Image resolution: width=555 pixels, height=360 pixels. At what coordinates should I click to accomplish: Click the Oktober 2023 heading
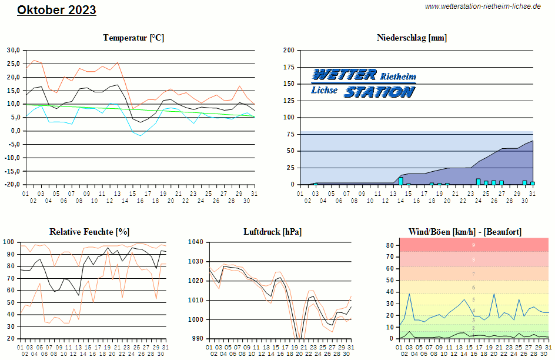(56, 10)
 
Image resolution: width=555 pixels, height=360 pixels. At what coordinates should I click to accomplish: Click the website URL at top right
(483, 6)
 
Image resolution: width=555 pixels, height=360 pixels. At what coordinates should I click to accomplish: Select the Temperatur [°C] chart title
(133, 38)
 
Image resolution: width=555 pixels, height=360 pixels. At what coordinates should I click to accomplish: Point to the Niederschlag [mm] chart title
(412, 38)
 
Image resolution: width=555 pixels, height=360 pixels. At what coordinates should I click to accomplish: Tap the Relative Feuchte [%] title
(89, 232)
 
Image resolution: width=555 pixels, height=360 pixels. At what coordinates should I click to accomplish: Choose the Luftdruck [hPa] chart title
(272, 232)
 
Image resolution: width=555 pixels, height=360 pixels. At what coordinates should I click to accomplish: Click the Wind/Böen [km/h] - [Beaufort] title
(464, 232)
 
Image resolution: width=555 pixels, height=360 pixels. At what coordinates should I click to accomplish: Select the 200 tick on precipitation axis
(289, 50)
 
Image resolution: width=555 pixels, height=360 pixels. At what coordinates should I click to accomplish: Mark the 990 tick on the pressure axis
(198, 339)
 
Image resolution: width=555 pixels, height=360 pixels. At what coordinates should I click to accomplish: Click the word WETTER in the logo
(344, 74)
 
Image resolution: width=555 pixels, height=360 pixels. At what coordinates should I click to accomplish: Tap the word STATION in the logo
(379, 92)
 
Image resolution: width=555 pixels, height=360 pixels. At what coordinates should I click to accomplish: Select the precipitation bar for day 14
(401, 181)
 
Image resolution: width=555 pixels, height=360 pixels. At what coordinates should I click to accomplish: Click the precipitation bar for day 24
(479, 181)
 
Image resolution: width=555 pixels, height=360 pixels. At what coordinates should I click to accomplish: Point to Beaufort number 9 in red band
(473, 245)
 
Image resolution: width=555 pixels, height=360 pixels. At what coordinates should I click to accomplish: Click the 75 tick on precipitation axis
(290, 134)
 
